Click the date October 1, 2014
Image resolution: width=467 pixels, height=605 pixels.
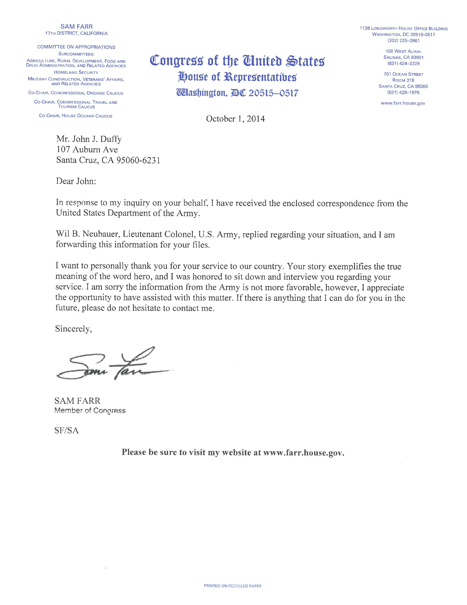pos(235,119)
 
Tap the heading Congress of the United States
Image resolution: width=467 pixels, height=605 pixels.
pos(237,61)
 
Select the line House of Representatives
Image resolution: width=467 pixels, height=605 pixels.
pos(237,77)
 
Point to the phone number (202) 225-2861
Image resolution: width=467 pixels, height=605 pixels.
pos(403,41)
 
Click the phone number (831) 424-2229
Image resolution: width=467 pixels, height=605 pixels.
pos(403,64)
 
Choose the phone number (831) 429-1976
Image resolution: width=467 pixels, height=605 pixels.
pos(403,93)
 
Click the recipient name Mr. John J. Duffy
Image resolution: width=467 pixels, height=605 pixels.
pos(89,139)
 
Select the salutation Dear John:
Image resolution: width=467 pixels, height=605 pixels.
pos(76,181)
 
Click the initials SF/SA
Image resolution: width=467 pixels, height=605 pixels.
pos(66,430)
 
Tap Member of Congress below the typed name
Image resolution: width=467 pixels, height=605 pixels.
pos(90,410)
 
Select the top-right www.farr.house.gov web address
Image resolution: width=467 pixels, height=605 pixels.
pos(403,103)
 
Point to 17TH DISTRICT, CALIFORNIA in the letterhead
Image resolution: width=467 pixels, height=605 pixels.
pos(76,34)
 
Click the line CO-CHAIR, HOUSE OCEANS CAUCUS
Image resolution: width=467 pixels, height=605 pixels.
pos(76,116)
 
